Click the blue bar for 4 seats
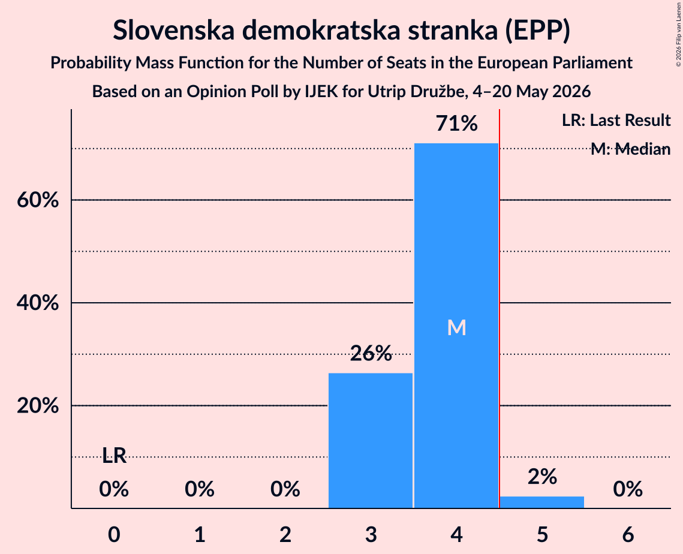456,326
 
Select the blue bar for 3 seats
370,440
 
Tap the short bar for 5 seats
542,502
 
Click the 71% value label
456,124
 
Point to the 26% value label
371,353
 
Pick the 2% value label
542,477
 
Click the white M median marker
456,327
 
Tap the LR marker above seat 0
114,456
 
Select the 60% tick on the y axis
38,200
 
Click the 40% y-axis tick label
38,303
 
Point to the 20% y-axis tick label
38,406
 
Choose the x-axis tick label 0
114,534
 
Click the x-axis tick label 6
628,534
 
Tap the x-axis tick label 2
285,534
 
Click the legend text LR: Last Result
616,120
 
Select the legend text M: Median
630,149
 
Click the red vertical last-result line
499,308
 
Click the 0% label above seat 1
200,489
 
